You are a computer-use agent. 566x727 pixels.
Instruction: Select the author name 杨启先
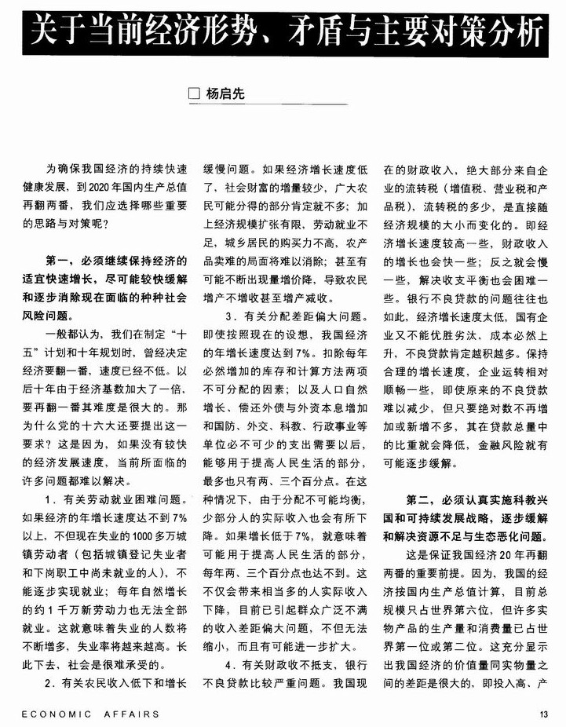(224, 94)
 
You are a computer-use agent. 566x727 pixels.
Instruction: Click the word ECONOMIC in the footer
(48, 714)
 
